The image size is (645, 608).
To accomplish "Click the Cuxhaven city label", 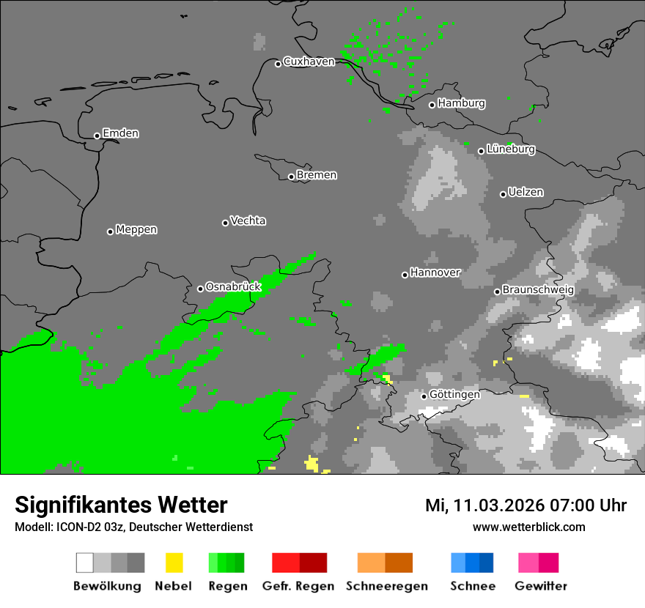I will (309, 62).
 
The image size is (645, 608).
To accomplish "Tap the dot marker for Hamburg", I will (432, 105).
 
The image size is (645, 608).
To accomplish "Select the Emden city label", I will (120, 133).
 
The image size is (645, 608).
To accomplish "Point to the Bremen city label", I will (317, 175).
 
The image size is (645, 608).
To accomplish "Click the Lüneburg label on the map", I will (510, 149).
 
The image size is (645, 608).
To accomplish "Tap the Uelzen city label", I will (526, 192).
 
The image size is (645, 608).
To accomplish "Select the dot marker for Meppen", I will (110, 231).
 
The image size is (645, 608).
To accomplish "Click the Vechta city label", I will (248, 220).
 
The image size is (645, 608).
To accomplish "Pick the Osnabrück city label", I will (233, 287).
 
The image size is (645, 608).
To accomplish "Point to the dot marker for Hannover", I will (405, 275).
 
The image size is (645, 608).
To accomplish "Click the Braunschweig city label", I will (538, 289).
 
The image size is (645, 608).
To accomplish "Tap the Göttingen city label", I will (454, 394).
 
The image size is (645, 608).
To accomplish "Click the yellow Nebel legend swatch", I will (174, 563).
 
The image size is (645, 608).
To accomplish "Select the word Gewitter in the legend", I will (541, 586).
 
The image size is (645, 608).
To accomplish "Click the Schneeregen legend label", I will (386, 586).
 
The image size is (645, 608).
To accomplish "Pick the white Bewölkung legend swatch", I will (84, 563).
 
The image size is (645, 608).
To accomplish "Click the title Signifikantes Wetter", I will (121, 505).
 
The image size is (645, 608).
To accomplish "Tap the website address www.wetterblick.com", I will (528, 527).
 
